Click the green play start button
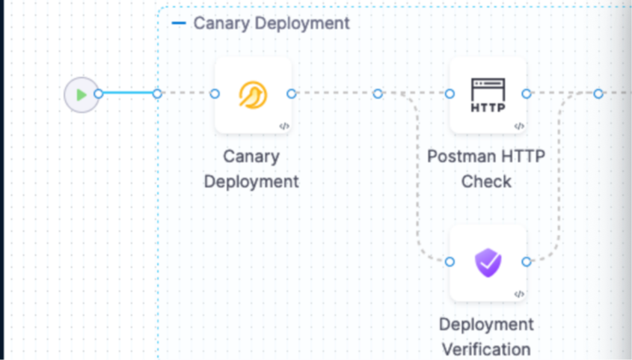[x=81, y=95]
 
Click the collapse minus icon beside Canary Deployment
[x=179, y=23]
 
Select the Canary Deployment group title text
[x=271, y=23]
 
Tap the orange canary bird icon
[x=253, y=95]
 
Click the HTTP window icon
[x=488, y=95]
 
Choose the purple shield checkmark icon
[x=488, y=263]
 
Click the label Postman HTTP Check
[x=486, y=169]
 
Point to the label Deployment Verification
[x=486, y=337]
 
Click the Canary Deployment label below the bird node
[x=251, y=169]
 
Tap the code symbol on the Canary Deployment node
[x=284, y=126]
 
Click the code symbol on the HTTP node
[x=519, y=126]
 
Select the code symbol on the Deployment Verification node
[x=519, y=294]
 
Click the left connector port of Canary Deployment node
[x=215, y=94]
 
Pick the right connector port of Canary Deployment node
[x=292, y=94]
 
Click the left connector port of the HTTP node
[x=450, y=94]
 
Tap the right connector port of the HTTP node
[x=527, y=94]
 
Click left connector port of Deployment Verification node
[x=450, y=261]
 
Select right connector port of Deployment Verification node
[x=527, y=261]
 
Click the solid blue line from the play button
[x=127, y=94]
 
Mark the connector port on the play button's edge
[x=98, y=94]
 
